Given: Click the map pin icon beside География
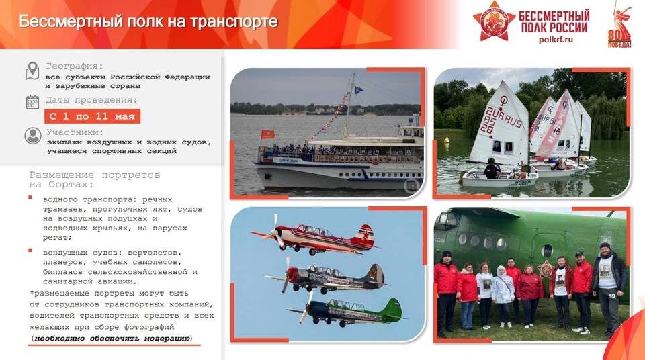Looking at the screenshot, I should (x=32, y=71).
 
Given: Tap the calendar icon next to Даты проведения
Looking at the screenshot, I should (x=32, y=102).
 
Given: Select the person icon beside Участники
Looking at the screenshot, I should (x=32, y=136).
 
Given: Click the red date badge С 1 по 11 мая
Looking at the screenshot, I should (x=92, y=116).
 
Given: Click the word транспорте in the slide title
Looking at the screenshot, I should (x=234, y=21).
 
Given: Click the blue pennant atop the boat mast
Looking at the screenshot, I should (x=358, y=89).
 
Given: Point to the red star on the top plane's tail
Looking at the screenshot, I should (x=367, y=236).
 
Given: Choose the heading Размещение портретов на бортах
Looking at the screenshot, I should (x=95, y=179).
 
